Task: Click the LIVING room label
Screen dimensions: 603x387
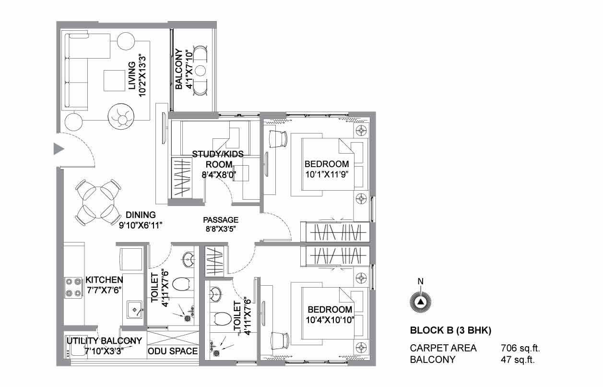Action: (x=132, y=76)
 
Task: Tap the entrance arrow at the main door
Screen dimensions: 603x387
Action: (x=59, y=149)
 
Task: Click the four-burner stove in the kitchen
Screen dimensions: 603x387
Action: (x=73, y=288)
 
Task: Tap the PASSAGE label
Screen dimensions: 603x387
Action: (x=221, y=220)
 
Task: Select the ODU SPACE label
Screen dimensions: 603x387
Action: (x=173, y=351)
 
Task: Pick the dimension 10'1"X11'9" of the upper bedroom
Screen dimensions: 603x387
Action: (x=327, y=174)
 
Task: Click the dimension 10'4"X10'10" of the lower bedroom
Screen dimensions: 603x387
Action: (x=330, y=320)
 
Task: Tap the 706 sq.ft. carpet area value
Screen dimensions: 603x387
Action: (x=520, y=348)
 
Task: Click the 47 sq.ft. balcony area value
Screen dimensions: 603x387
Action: (x=518, y=360)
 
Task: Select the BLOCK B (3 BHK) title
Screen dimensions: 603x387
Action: (x=450, y=330)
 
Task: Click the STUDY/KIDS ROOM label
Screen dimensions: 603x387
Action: (x=218, y=159)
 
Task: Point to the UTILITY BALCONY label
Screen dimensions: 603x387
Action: (x=104, y=340)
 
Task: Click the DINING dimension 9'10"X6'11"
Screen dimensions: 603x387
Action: (x=141, y=225)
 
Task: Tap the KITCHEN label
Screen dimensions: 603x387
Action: (x=104, y=280)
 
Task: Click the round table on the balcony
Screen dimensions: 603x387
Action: (x=200, y=71)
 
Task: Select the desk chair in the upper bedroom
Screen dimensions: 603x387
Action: (x=278, y=139)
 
